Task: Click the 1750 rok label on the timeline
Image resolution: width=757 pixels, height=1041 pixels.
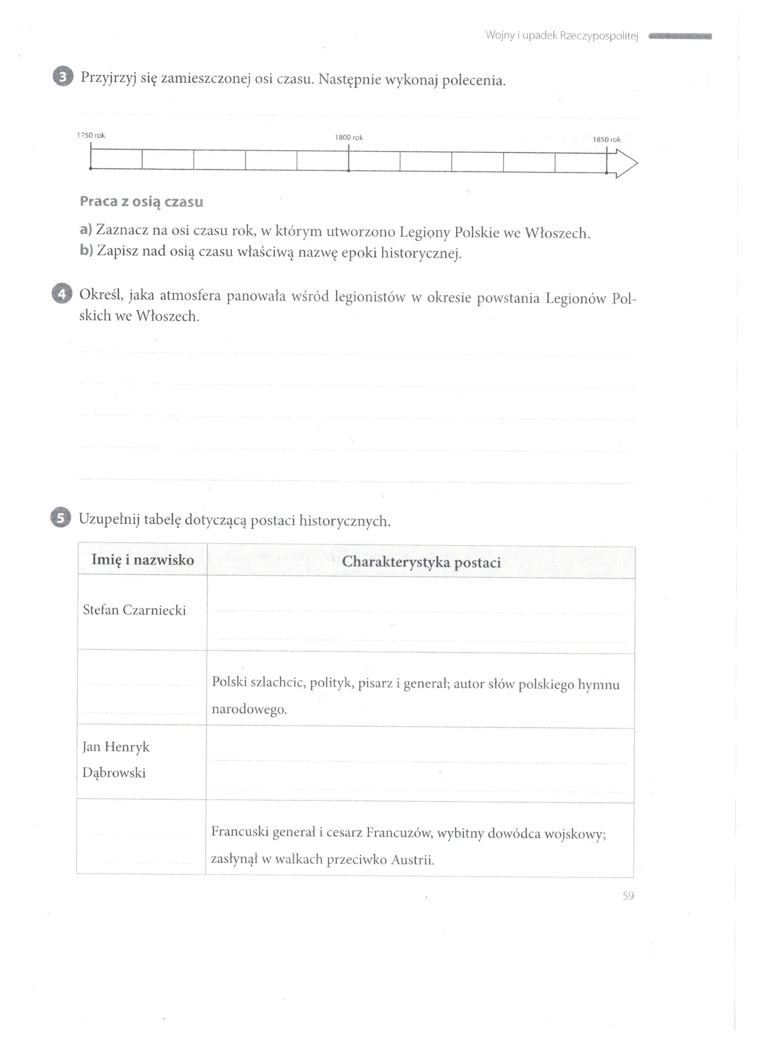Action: pos(91,135)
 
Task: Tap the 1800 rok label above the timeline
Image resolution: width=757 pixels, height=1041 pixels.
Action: pos(349,137)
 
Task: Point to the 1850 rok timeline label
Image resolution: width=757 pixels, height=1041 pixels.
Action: pos(606,139)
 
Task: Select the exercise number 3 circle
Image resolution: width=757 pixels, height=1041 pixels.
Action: pos(63,77)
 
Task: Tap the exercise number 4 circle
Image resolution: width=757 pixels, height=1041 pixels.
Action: pos(62,294)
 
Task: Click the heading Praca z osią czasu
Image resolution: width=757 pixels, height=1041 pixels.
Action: pos(142,202)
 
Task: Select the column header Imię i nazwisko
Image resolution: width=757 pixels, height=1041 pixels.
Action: pos(143,560)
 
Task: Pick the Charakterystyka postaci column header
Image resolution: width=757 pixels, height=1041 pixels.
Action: pos(421,562)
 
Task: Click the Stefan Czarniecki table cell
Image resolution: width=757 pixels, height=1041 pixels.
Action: pos(134,610)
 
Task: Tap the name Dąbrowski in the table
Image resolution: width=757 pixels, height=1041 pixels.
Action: pos(114,773)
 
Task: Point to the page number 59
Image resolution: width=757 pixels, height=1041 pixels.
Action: pos(628,895)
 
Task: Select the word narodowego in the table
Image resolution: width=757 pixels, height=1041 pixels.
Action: pos(249,710)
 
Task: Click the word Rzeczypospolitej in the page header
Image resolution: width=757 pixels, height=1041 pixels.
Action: pos(599,36)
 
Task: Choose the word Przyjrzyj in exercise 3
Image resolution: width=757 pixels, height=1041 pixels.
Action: pos(108,78)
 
